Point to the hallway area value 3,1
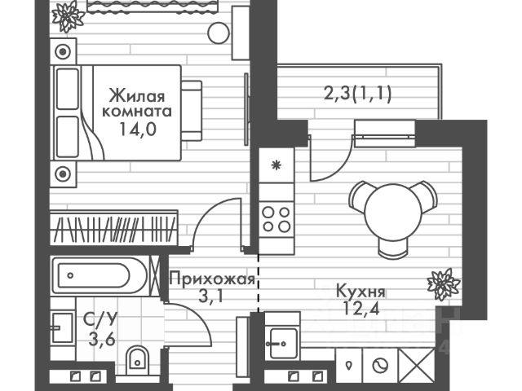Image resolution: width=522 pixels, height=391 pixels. [x=210, y=296]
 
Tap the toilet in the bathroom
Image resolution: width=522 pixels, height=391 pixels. [x=138, y=356]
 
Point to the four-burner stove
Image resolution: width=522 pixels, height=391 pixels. [x=276, y=217]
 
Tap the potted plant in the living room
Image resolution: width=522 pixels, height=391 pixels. [x=68, y=15]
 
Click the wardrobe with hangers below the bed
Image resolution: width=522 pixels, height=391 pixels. [x=114, y=226]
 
